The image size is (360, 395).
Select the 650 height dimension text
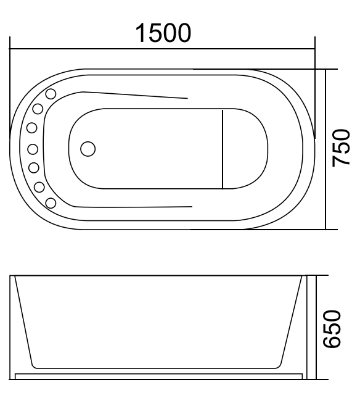coord(341,329)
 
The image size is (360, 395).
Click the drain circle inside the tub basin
coord(89,149)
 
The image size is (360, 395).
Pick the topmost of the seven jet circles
coord(51,94)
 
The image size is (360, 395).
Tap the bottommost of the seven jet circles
coord(51,202)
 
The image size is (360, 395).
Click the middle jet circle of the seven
coord(33,148)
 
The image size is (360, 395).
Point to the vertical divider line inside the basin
coord(223,148)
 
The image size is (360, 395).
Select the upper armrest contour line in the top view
coord(136,94)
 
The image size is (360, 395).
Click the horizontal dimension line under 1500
coord(163,49)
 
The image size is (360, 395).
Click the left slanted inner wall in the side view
coord(23,318)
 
